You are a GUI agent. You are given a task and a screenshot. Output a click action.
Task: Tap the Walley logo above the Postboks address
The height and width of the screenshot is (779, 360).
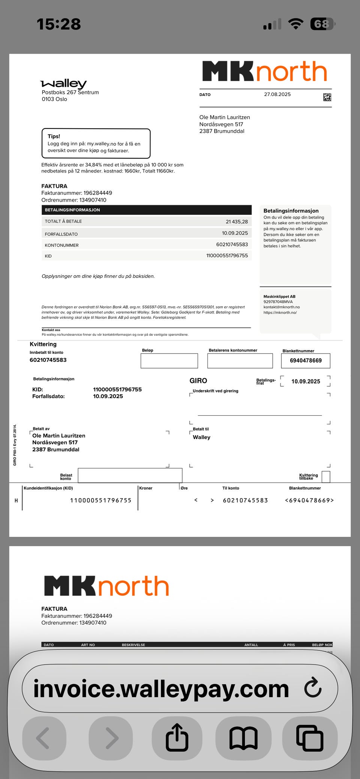point(63,83)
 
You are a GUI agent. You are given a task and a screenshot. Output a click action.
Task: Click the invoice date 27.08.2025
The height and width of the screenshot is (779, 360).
point(277,94)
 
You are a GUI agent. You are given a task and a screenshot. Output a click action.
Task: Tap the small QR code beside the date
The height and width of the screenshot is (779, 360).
point(327,97)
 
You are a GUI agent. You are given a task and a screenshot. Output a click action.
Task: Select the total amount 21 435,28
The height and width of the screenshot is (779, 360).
point(237,222)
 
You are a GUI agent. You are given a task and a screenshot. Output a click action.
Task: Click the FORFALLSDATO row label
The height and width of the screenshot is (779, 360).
point(61,234)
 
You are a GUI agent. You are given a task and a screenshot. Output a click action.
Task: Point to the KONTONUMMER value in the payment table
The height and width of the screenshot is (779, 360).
point(232,244)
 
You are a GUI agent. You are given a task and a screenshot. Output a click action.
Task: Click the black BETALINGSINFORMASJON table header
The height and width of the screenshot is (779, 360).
point(146,210)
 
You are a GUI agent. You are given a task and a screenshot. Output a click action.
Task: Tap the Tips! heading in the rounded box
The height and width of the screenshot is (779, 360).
point(54,136)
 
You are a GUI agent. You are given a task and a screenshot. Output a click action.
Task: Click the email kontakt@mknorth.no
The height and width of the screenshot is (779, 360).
point(281,307)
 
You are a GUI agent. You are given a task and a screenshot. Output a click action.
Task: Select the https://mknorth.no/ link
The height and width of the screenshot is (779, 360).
point(280,312)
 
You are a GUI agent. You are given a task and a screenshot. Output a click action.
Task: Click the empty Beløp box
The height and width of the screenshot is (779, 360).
point(169,361)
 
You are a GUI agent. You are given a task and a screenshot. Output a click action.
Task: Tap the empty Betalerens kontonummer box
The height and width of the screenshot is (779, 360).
point(240,361)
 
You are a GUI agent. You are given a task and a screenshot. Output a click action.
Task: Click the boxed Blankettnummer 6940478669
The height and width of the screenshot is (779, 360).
point(306,361)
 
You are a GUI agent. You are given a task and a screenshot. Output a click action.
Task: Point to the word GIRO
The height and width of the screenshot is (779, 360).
point(198,381)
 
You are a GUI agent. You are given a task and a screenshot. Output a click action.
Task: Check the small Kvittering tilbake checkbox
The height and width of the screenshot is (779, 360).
point(326,477)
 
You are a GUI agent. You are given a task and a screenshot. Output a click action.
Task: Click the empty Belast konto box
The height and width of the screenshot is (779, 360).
point(130,475)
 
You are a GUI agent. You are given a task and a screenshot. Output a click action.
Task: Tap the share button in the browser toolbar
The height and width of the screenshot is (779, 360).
point(177,738)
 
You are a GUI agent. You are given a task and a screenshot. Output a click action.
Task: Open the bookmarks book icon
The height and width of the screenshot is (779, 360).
point(243,738)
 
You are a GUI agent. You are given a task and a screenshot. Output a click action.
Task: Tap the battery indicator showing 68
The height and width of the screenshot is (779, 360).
point(322,24)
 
